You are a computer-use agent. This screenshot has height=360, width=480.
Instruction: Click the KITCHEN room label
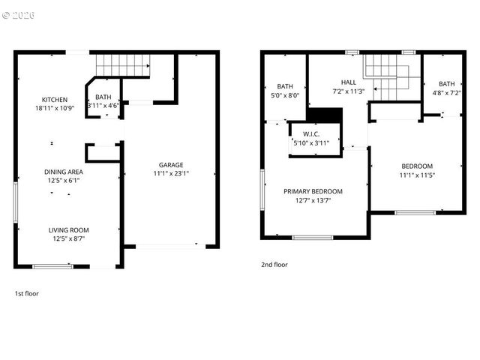click(55, 100)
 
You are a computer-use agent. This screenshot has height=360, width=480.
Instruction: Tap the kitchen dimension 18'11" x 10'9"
click(55, 109)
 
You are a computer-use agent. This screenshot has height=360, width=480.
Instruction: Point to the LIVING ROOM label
click(68, 230)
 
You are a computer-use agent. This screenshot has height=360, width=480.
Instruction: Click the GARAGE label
click(170, 165)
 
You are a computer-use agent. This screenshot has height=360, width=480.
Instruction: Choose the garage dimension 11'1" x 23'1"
click(170, 174)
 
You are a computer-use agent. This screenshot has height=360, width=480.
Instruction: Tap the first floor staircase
click(121, 65)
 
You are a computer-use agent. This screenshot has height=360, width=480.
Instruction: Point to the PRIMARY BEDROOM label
click(313, 191)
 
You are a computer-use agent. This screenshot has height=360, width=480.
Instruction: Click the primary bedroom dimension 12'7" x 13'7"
click(313, 200)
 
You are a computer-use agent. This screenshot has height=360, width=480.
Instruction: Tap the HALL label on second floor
click(348, 82)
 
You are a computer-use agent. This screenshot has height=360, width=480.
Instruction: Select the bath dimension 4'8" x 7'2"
click(447, 93)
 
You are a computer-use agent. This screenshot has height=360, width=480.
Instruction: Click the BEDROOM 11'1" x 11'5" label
click(417, 170)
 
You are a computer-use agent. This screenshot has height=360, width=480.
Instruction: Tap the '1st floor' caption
click(27, 293)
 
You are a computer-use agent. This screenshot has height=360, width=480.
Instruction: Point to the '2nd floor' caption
click(274, 264)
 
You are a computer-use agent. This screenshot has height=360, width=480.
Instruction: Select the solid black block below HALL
click(325, 115)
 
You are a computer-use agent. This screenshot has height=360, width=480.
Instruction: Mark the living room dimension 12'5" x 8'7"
click(68, 239)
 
